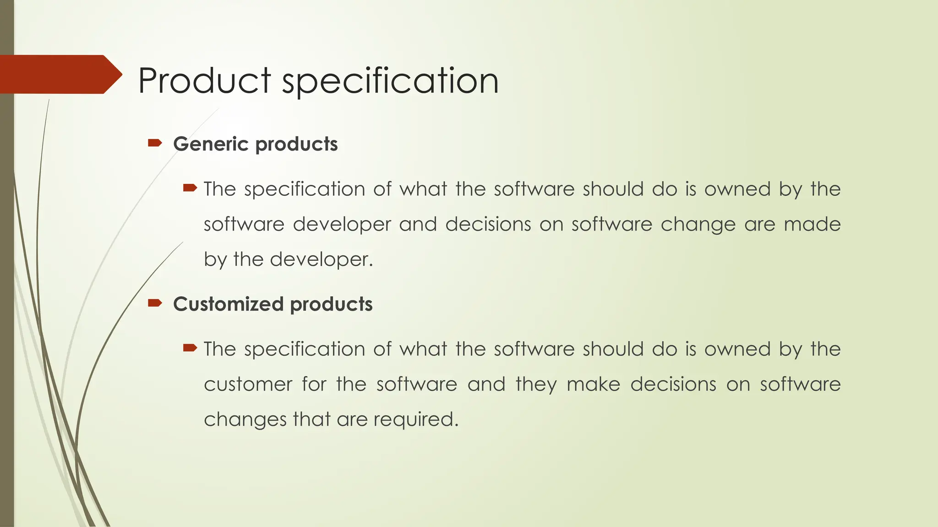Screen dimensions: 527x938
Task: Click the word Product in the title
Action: (204, 81)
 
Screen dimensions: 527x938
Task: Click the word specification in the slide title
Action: (390, 81)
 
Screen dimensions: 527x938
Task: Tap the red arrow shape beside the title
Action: (60, 74)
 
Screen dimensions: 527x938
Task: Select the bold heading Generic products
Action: (255, 144)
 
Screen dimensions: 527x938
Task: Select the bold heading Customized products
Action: (273, 304)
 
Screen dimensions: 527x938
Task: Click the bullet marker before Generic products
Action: (155, 144)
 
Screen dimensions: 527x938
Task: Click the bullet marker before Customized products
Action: (155, 303)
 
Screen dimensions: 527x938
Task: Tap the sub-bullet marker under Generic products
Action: (190, 188)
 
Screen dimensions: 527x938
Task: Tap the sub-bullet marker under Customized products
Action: (190, 348)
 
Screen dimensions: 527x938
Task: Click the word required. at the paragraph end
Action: (416, 419)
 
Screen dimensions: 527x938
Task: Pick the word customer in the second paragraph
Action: (248, 384)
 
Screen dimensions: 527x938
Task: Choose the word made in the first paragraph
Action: (812, 224)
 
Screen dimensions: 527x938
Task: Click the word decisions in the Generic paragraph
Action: (488, 224)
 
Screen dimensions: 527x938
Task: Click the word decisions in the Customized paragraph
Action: (673, 384)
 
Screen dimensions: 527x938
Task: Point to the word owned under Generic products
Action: (737, 189)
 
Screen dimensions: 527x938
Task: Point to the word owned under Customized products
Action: (737, 349)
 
